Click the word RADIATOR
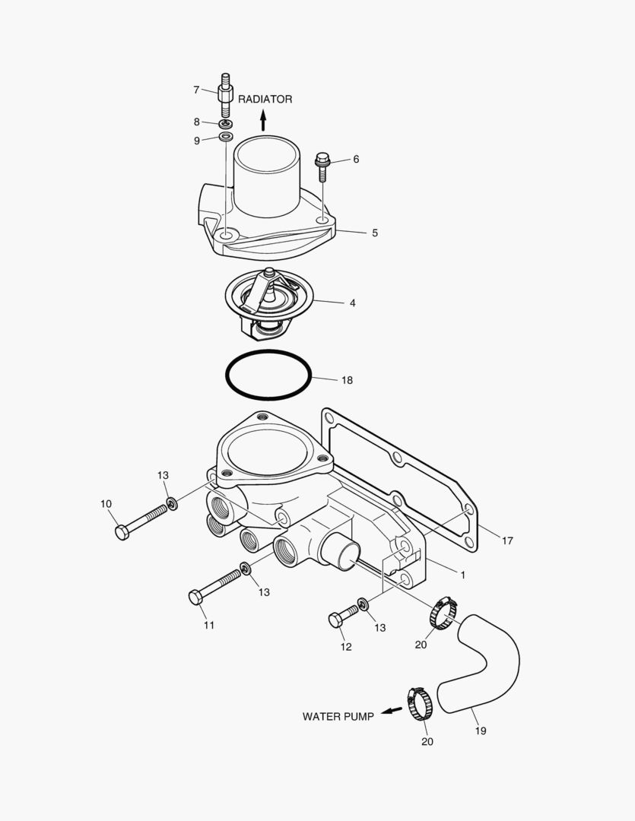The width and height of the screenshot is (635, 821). point(265,100)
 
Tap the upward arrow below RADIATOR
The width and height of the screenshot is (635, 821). point(263,120)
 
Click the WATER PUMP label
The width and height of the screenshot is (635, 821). point(338,716)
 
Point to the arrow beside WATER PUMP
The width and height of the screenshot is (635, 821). point(391,711)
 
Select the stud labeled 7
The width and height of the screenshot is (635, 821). point(225,95)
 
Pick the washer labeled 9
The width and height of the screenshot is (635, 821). point(226,137)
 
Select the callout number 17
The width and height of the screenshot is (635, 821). point(507,541)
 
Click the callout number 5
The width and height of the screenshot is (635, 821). point(375,233)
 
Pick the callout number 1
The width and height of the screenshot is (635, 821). point(462,575)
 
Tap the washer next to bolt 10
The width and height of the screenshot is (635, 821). point(173,502)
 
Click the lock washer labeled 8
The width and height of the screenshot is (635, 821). point(226,123)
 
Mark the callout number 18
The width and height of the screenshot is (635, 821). point(347,380)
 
